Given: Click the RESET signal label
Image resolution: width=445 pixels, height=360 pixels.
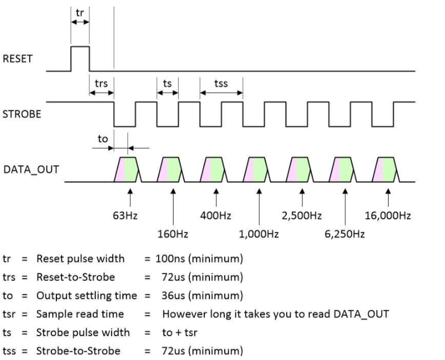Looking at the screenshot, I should (18, 60).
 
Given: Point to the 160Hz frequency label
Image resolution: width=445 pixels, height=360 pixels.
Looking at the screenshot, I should (172, 234).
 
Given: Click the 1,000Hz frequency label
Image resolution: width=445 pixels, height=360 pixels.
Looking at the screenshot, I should (259, 234).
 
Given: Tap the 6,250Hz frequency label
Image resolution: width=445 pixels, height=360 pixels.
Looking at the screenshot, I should (345, 234).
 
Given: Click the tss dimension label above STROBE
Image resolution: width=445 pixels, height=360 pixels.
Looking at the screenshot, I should (221, 83).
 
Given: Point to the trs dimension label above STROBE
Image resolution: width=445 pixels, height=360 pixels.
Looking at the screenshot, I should (101, 83).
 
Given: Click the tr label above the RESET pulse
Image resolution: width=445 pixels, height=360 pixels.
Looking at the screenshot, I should (80, 12).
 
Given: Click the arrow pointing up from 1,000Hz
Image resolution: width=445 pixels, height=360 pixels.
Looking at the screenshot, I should (259, 205).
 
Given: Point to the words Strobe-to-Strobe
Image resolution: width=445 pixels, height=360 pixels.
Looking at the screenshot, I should (78, 350).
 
